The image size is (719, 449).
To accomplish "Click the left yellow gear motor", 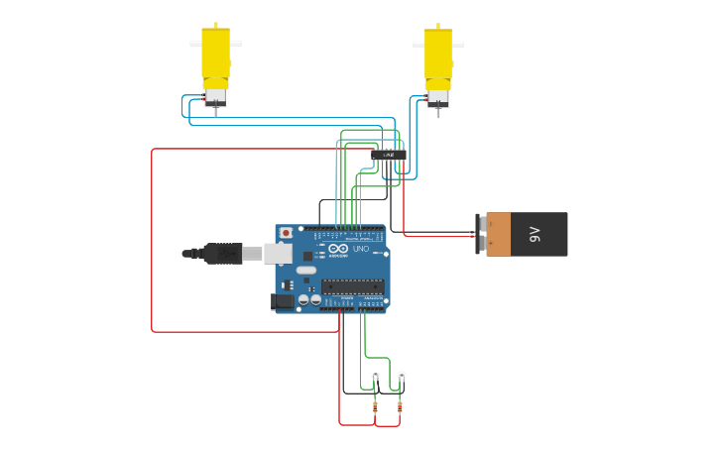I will [x=215, y=55].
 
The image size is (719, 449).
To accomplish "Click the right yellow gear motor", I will [x=437, y=55].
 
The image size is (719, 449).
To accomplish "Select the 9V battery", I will [x=526, y=234].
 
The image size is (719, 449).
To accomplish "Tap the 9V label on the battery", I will [x=536, y=234].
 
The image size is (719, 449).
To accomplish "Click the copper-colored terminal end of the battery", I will [x=498, y=234].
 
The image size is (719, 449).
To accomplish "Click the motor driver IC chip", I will [x=389, y=155].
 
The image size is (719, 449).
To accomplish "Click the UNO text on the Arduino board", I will [x=361, y=249].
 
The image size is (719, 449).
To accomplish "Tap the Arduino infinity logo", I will [x=338, y=249].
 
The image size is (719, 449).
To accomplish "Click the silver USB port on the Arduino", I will [x=278, y=254].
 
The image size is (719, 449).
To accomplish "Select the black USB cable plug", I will [x=222, y=254].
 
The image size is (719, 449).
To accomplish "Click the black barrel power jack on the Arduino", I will [x=283, y=301].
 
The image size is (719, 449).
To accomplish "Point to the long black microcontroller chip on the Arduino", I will [x=352, y=286].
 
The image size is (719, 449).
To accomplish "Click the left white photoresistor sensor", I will [x=376, y=375].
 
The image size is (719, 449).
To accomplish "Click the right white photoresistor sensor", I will [x=402, y=375].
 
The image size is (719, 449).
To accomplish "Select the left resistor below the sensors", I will [x=375, y=406].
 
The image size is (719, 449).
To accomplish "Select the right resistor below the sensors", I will [x=400, y=406].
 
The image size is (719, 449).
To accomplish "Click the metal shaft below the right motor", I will [x=437, y=112].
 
